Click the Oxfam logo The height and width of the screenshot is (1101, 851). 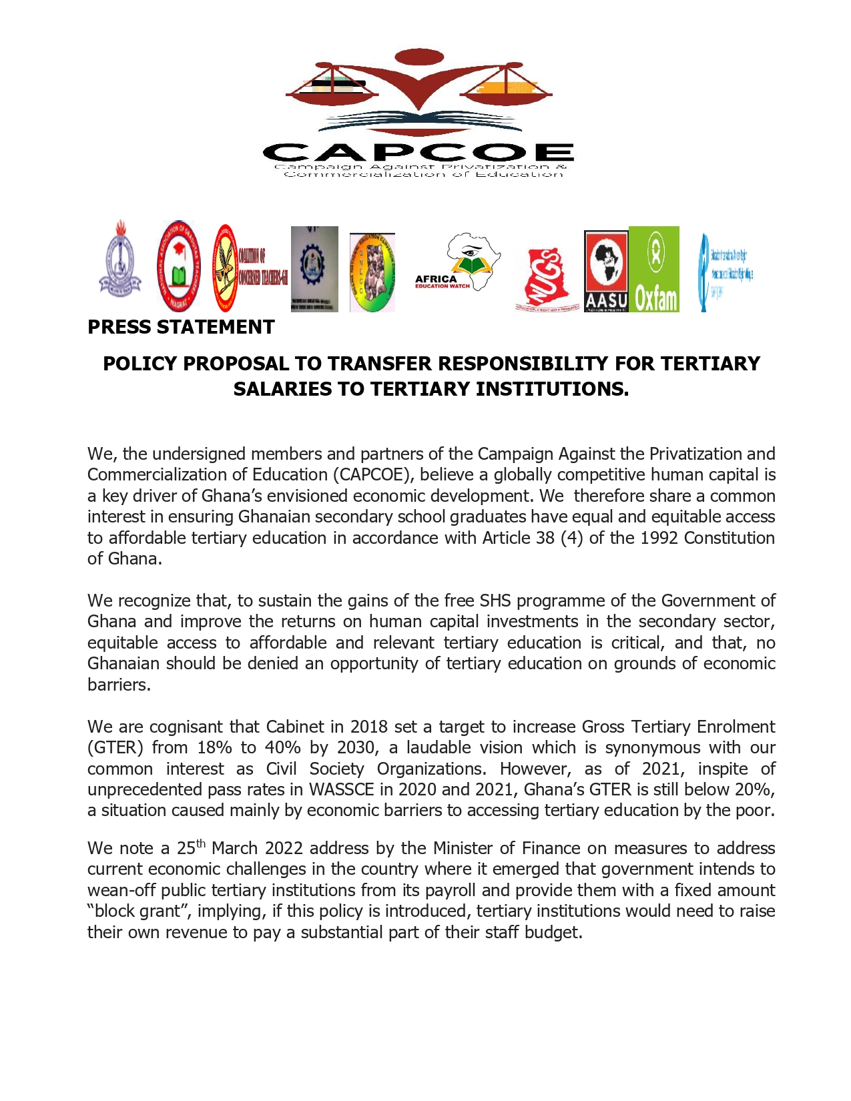coord(654,269)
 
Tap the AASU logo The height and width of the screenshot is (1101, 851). coord(606,270)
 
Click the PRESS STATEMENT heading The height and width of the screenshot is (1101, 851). coord(181,327)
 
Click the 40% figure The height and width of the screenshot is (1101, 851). coord(282,747)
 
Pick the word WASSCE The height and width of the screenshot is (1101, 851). coord(341,789)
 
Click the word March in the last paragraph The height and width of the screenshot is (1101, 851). coord(236,848)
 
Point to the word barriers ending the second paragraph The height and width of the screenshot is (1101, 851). coord(119,685)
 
